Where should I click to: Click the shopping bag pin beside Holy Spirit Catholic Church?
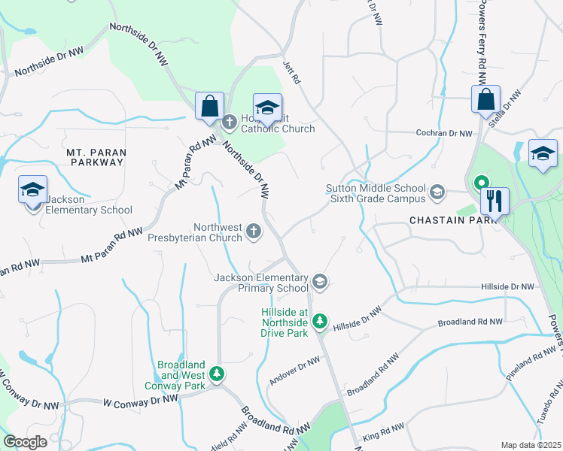[x=209, y=105]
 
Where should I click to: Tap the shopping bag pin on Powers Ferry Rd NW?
[x=486, y=99]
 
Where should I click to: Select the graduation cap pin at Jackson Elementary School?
[x=33, y=190]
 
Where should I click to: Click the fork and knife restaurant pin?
[x=495, y=201]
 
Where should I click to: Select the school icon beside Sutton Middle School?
[x=437, y=193]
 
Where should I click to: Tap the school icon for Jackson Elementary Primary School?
[x=319, y=282]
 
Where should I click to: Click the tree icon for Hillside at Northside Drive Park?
[x=320, y=322]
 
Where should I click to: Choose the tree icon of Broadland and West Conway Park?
[x=217, y=374]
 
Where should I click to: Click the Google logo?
[x=25, y=442]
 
